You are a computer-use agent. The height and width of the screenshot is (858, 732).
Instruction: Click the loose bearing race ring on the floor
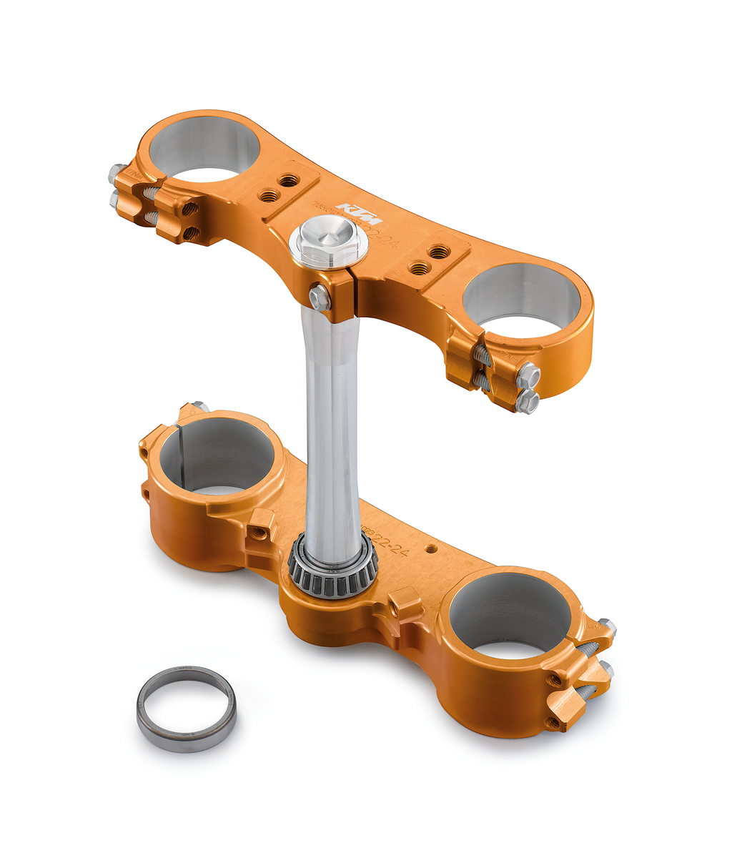(186, 707)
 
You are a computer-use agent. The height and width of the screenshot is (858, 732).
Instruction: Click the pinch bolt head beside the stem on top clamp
(319, 298)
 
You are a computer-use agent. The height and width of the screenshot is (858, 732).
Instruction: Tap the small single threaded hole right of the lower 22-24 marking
(430, 548)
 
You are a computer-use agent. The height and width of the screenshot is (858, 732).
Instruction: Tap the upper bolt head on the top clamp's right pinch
(528, 375)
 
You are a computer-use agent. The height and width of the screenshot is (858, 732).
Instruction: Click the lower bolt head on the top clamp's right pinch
(527, 402)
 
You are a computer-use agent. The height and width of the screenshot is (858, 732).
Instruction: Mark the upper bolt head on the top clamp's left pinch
(117, 174)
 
